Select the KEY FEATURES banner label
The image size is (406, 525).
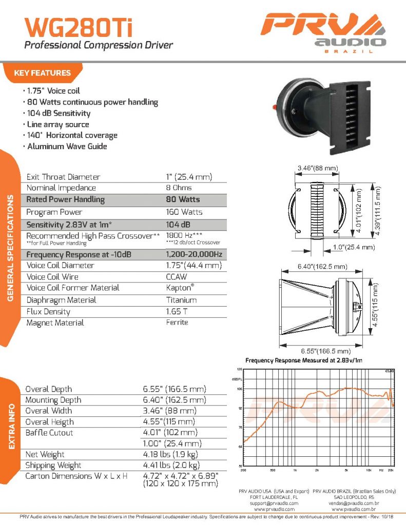pyautogui.click(x=43, y=73)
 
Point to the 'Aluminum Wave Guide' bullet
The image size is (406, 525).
pyautogui.click(x=67, y=147)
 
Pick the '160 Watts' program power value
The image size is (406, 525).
pyautogui.click(x=184, y=212)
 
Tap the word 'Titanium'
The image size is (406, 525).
pyautogui.click(x=181, y=300)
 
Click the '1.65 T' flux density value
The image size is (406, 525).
pyautogui.click(x=176, y=311)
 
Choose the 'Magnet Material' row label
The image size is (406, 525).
pyautogui.click(x=55, y=322)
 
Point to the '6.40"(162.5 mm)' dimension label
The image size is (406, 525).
pyautogui.click(x=321, y=267)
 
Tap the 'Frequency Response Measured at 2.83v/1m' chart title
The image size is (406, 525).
pyautogui.click(x=304, y=360)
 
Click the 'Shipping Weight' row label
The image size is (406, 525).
pyautogui.click(x=53, y=466)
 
